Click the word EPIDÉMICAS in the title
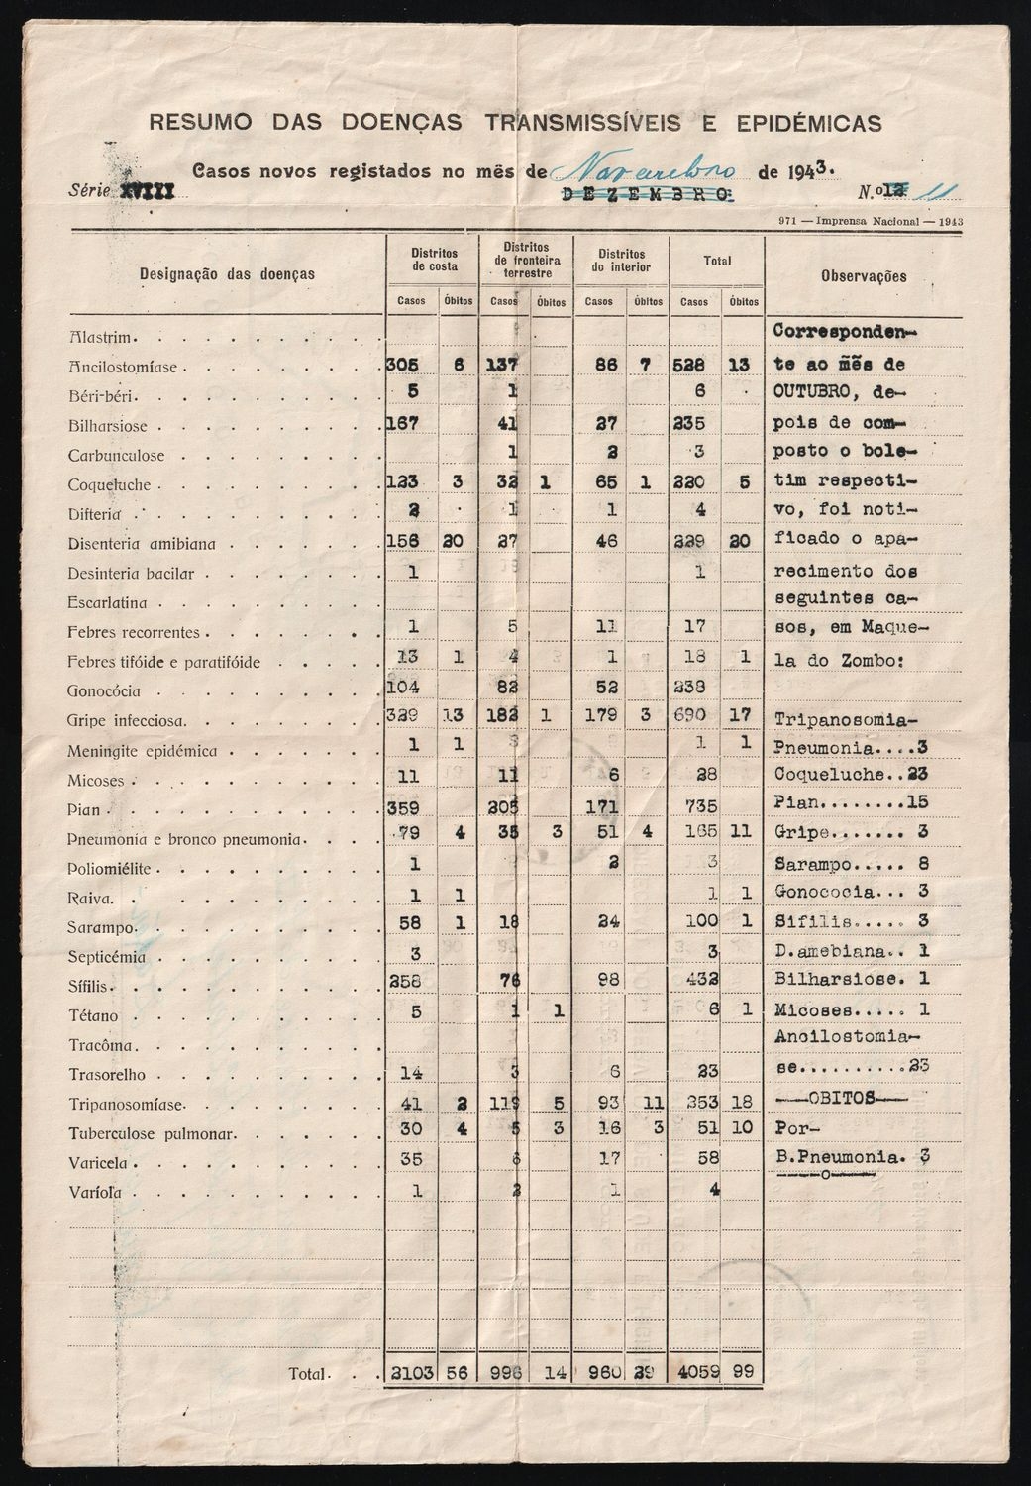click(x=809, y=123)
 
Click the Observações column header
click(x=864, y=276)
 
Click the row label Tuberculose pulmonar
click(x=151, y=1134)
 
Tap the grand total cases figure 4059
click(x=694, y=1374)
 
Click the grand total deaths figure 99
click(x=742, y=1374)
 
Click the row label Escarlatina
click(x=108, y=602)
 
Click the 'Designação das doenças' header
click(x=227, y=273)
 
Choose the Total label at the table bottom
click(x=307, y=1374)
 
